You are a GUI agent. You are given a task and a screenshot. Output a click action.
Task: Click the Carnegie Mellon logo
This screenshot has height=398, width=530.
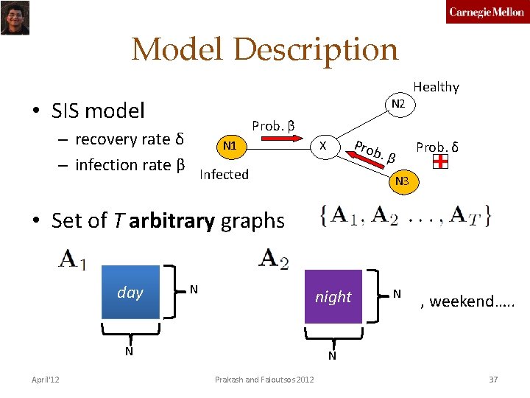pyautogui.click(x=487, y=13)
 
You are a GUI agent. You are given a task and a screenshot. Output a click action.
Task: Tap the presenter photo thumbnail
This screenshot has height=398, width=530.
pyautogui.click(x=15, y=17)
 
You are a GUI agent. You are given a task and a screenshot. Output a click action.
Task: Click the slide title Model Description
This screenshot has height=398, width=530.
pyautogui.click(x=264, y=50)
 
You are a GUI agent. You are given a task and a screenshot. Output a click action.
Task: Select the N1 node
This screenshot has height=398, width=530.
pyautogui.click(x=230, y=146)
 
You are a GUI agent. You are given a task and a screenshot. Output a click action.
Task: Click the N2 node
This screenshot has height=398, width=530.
pyautogui.click(x=398, y=105)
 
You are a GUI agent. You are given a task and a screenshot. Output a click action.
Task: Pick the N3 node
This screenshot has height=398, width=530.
pyautogui.click(x=402, y=181)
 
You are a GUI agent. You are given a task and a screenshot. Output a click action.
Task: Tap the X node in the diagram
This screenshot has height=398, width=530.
pyautogui.click(x=322, y=146)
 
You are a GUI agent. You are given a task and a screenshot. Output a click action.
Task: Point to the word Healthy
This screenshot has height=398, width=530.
pyautogui.click(x=436, y=87)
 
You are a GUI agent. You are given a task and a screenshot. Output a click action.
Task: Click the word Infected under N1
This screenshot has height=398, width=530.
pyautogui.click(x=224, y=175)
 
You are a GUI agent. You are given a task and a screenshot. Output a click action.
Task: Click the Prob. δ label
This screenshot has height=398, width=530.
pyautogui.click(x=437, y=147)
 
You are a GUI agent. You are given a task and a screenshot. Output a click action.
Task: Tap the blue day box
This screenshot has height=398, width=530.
pyautogui.click(x=130, y=293)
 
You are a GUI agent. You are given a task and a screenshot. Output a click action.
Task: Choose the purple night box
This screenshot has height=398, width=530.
pyautogui.click(x=333, y=297)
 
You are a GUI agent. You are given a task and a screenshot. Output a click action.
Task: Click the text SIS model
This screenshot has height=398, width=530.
pyautogui.click(x=98, y=111)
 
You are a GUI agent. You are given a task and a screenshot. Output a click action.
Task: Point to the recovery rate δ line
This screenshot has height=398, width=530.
pyautogui.click(x=129, y=139)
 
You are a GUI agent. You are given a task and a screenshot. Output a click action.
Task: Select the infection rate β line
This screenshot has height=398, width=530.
pyautogui.click(x=130, y=164)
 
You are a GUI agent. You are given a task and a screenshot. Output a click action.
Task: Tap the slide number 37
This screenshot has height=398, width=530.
pyautogui.click(x=493, y=380)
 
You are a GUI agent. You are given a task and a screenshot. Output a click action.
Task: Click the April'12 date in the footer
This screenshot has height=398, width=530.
pyautogui.click(x=46, y=380)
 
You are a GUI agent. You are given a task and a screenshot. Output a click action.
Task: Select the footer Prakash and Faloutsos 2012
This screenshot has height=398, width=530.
pyautogui.click(x=264, y=380)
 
